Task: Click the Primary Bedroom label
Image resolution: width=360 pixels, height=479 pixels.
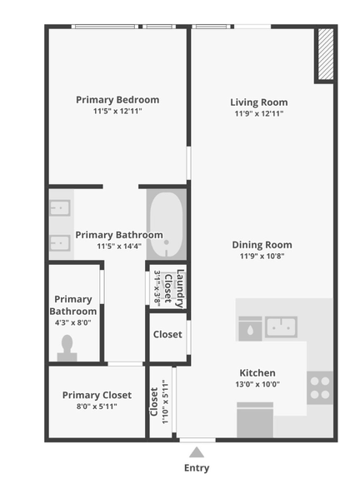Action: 117,100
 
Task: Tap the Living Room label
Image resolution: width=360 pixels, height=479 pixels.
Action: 259,102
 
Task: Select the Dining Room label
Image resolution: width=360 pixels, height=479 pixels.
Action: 262,245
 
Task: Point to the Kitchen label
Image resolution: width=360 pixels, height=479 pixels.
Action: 257,372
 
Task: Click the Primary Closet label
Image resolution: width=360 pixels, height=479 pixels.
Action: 97,395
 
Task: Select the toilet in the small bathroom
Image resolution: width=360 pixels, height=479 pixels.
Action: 67,347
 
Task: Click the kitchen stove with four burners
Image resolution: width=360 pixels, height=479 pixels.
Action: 320,387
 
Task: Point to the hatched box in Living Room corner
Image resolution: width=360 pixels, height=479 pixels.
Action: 325,55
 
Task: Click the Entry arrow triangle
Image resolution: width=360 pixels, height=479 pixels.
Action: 197,452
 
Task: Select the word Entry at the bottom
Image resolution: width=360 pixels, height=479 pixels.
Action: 197,468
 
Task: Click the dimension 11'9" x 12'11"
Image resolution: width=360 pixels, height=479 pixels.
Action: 259,114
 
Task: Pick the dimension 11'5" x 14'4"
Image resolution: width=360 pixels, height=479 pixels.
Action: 119,247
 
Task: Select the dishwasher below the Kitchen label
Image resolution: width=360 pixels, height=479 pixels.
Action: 255,419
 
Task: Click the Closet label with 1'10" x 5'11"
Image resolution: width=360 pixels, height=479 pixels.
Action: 154,402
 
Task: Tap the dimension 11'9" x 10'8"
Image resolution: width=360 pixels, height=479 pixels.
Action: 262,257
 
